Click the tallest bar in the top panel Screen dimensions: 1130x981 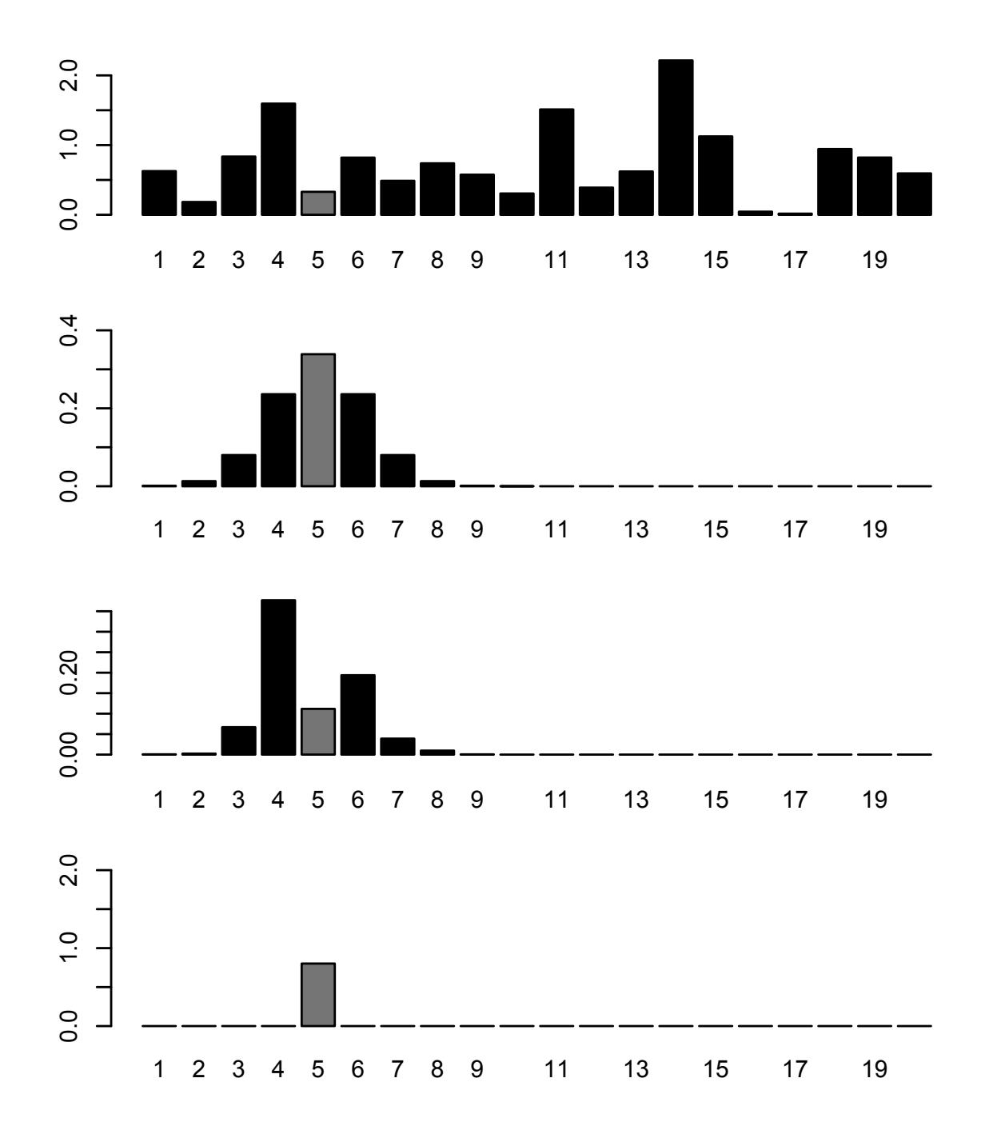[x=676, y=138]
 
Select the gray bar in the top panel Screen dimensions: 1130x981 [x=318, y=203]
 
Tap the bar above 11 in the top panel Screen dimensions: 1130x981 [x=556, y=162]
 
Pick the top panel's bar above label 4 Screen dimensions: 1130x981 [x=278, y=159]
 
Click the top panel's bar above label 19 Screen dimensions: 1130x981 [x=874, y=186]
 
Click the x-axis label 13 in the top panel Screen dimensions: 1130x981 [x=636, y=261]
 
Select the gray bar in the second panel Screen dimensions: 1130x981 [x=318, y=420]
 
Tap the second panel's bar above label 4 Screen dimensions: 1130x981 [x=278, y=440]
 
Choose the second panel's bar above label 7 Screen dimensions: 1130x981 [x=397, y=470]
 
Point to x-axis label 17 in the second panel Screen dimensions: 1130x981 [x=796, y=530]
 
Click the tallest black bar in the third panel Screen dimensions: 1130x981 [x=278, y=677]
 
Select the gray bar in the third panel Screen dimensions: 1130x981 [x=318, y=731]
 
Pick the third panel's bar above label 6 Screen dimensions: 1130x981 [x=357, y=714]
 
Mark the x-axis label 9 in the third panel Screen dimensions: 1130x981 [x=477, y=800]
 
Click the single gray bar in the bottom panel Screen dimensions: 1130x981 [x=318, y=994]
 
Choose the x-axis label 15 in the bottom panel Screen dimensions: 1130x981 [x=716, y=1070]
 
